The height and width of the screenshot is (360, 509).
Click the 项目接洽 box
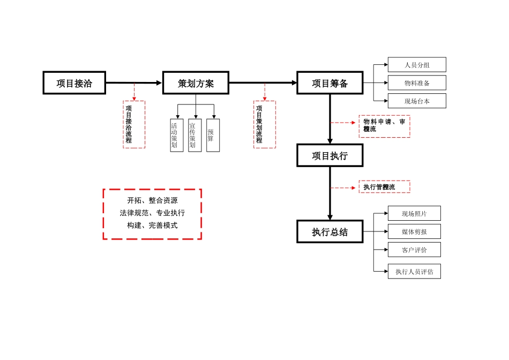click(74, 83)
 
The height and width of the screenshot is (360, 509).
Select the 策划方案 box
click(196, 83)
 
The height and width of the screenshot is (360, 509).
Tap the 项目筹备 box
click(330, 83)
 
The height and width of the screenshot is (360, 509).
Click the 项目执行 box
click(330, 155)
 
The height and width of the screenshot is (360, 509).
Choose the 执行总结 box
click(330, 231)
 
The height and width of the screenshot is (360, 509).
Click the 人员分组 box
click(417, 65)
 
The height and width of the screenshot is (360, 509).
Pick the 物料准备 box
click(417, 83)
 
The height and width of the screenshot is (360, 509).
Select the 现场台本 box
click(417, 101)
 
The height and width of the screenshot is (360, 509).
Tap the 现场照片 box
click(414, 213)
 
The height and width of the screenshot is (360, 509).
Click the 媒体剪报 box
click(414, 231)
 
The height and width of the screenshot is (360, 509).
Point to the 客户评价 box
click(414, 250)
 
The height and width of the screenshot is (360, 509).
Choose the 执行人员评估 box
click(414, 271)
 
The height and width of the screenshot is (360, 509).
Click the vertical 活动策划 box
click(176, 135)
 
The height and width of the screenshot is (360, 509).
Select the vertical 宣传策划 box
click(194, 135)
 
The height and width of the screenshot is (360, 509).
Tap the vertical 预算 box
click(213, 135)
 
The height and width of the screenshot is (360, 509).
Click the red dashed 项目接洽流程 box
click(134, 124)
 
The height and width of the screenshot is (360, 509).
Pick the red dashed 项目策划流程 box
click(264, 124)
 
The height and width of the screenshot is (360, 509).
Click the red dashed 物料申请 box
click(384, 126)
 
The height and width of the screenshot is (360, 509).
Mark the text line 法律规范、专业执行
click(152, 213)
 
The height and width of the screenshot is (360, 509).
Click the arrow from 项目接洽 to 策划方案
click(134, 83)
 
